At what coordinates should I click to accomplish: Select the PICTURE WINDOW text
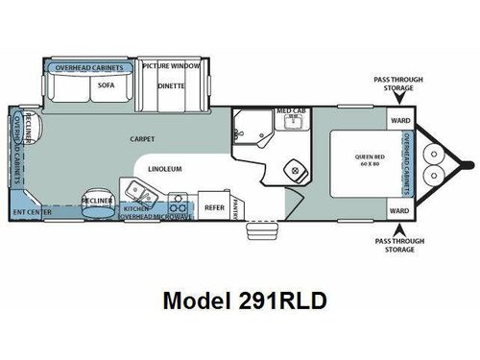coord(172,66)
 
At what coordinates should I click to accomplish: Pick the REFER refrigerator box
coord(213,206)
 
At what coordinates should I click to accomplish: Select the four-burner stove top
coord(178,204)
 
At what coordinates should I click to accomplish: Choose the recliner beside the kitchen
coord(97,199)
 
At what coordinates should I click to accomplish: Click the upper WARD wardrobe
coord(400,121)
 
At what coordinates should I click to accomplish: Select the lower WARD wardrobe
coord(400,209)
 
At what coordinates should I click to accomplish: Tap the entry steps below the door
coord(257,231)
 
